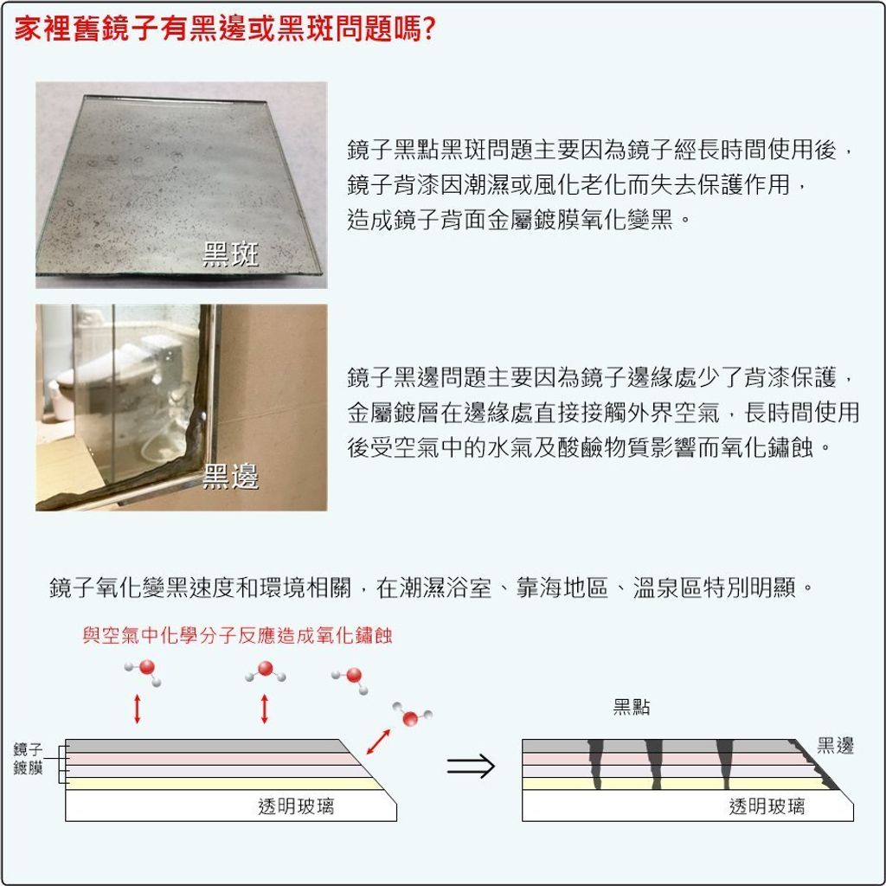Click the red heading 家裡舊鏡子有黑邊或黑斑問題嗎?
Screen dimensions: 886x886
(224, 29)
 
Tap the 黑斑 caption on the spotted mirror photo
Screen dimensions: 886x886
(230, 254)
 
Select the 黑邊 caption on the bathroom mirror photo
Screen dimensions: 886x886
(230, 477)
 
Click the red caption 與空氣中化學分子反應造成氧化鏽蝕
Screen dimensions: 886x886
(237, 636)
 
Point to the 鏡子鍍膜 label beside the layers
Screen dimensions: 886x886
(28, 759)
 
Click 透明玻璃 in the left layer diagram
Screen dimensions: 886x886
(296, 806)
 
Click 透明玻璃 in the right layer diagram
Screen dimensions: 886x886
(767, 806)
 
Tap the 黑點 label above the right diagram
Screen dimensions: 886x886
(631, 706)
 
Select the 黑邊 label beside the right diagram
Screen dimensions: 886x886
(835, 746)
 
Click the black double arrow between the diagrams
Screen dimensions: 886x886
(471, 767)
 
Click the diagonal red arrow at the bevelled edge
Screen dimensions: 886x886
(378, 742)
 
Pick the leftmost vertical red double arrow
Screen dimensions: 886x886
(137, 709)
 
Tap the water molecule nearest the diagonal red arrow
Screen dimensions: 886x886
(412, 716)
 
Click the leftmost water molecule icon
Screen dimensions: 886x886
(144, 671)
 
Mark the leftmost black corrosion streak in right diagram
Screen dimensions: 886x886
(595, 764)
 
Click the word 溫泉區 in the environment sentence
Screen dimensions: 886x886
(667, 587)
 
